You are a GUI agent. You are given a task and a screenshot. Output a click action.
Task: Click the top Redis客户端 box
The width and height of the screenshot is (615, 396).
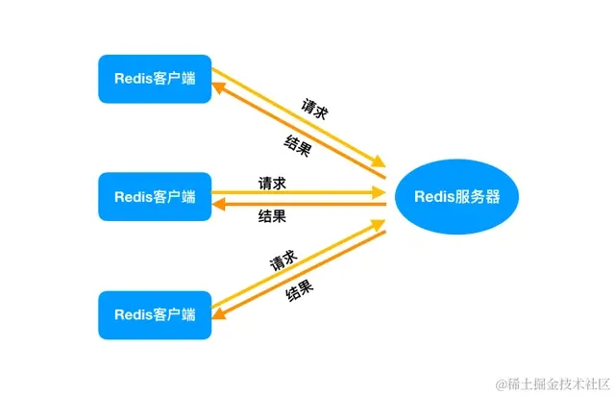pos(154,78)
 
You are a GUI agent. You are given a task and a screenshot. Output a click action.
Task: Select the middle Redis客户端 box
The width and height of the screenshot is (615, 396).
pos(154,197)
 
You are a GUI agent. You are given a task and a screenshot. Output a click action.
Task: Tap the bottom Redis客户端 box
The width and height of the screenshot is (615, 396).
pos(154,314)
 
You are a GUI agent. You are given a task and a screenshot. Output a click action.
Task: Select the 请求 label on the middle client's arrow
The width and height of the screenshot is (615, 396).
pos(272,182)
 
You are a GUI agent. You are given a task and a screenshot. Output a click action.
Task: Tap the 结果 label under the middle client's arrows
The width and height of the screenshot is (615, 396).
pos(272,216)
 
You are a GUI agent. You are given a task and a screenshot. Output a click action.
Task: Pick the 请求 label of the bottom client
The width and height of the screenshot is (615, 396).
pos(282,260)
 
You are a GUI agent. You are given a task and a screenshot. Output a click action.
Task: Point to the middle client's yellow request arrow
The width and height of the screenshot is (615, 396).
pos(298,192)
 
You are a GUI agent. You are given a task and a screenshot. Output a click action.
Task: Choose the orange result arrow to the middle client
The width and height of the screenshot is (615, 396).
pos(298,204)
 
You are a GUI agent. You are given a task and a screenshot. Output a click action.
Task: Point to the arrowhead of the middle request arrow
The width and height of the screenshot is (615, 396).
pos(379,192)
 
